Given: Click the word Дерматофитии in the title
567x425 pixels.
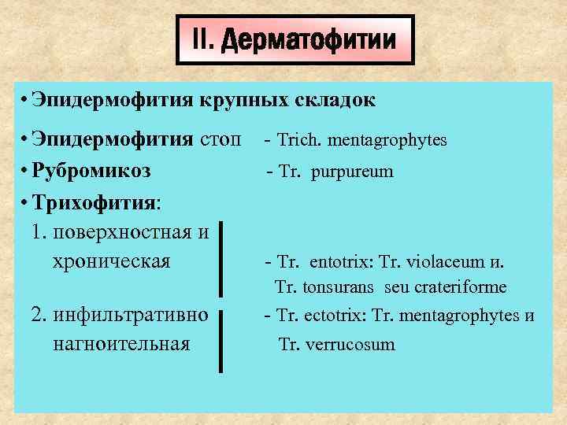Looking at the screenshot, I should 309,40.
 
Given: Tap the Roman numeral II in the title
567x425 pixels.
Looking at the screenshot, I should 203,40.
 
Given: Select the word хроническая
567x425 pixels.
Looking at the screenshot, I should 109,261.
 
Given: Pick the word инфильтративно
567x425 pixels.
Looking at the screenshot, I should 130,316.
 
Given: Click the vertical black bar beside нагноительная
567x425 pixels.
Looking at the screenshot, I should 221,340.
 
